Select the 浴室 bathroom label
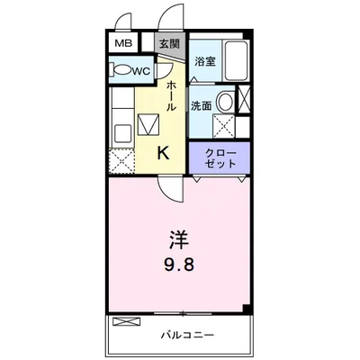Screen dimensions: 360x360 tap(205, 61)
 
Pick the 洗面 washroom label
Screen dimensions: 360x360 tap(202, 104)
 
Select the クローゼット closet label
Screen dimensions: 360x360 tap(220, 158)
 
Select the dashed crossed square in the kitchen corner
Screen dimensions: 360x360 tap(121, 162)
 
